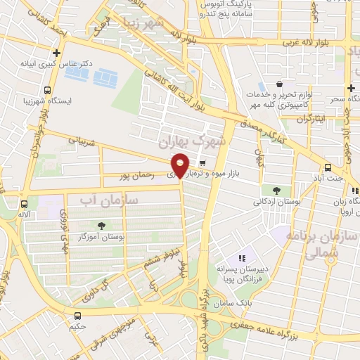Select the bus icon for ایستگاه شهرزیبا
click(47, 90)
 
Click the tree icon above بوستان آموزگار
click(102, 226)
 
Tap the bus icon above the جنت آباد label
click(328, 167)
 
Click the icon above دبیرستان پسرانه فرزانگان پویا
click(243, 259)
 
